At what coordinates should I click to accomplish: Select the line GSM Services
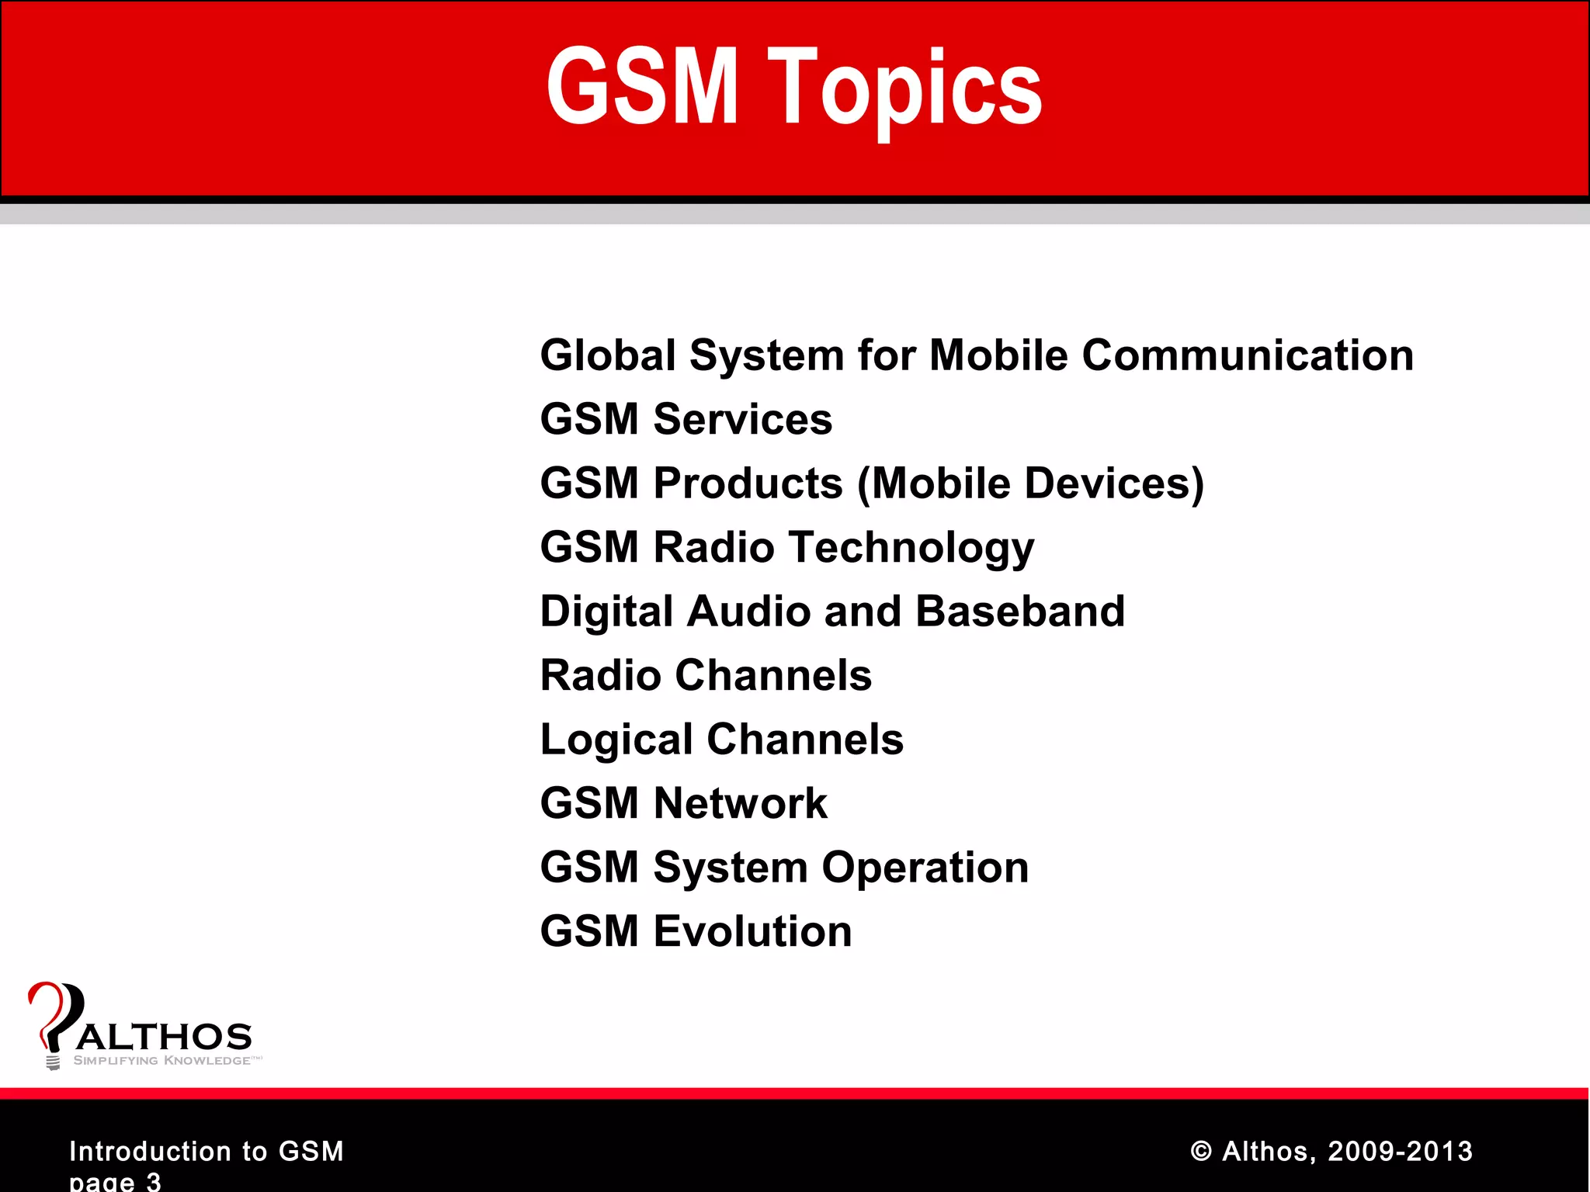point(686,419)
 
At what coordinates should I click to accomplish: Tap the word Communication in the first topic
point(1247,355)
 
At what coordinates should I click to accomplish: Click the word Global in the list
point(608,355)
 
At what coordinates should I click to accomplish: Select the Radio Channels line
point(706,675)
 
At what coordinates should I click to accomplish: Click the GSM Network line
point(683,803)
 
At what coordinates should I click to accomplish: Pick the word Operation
point(925,867)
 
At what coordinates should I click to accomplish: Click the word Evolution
point(752,931)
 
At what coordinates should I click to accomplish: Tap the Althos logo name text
point(165,1038)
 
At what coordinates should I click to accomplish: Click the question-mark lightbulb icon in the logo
point(53,1020)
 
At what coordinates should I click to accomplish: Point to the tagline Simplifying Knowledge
point(162,1061)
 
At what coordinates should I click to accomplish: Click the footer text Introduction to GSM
point(207,1151)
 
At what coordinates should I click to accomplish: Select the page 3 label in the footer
point(115,1181)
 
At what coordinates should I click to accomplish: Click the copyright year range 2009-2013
point(1400,1151)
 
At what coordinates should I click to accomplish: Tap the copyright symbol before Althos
point(1200,1152)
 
